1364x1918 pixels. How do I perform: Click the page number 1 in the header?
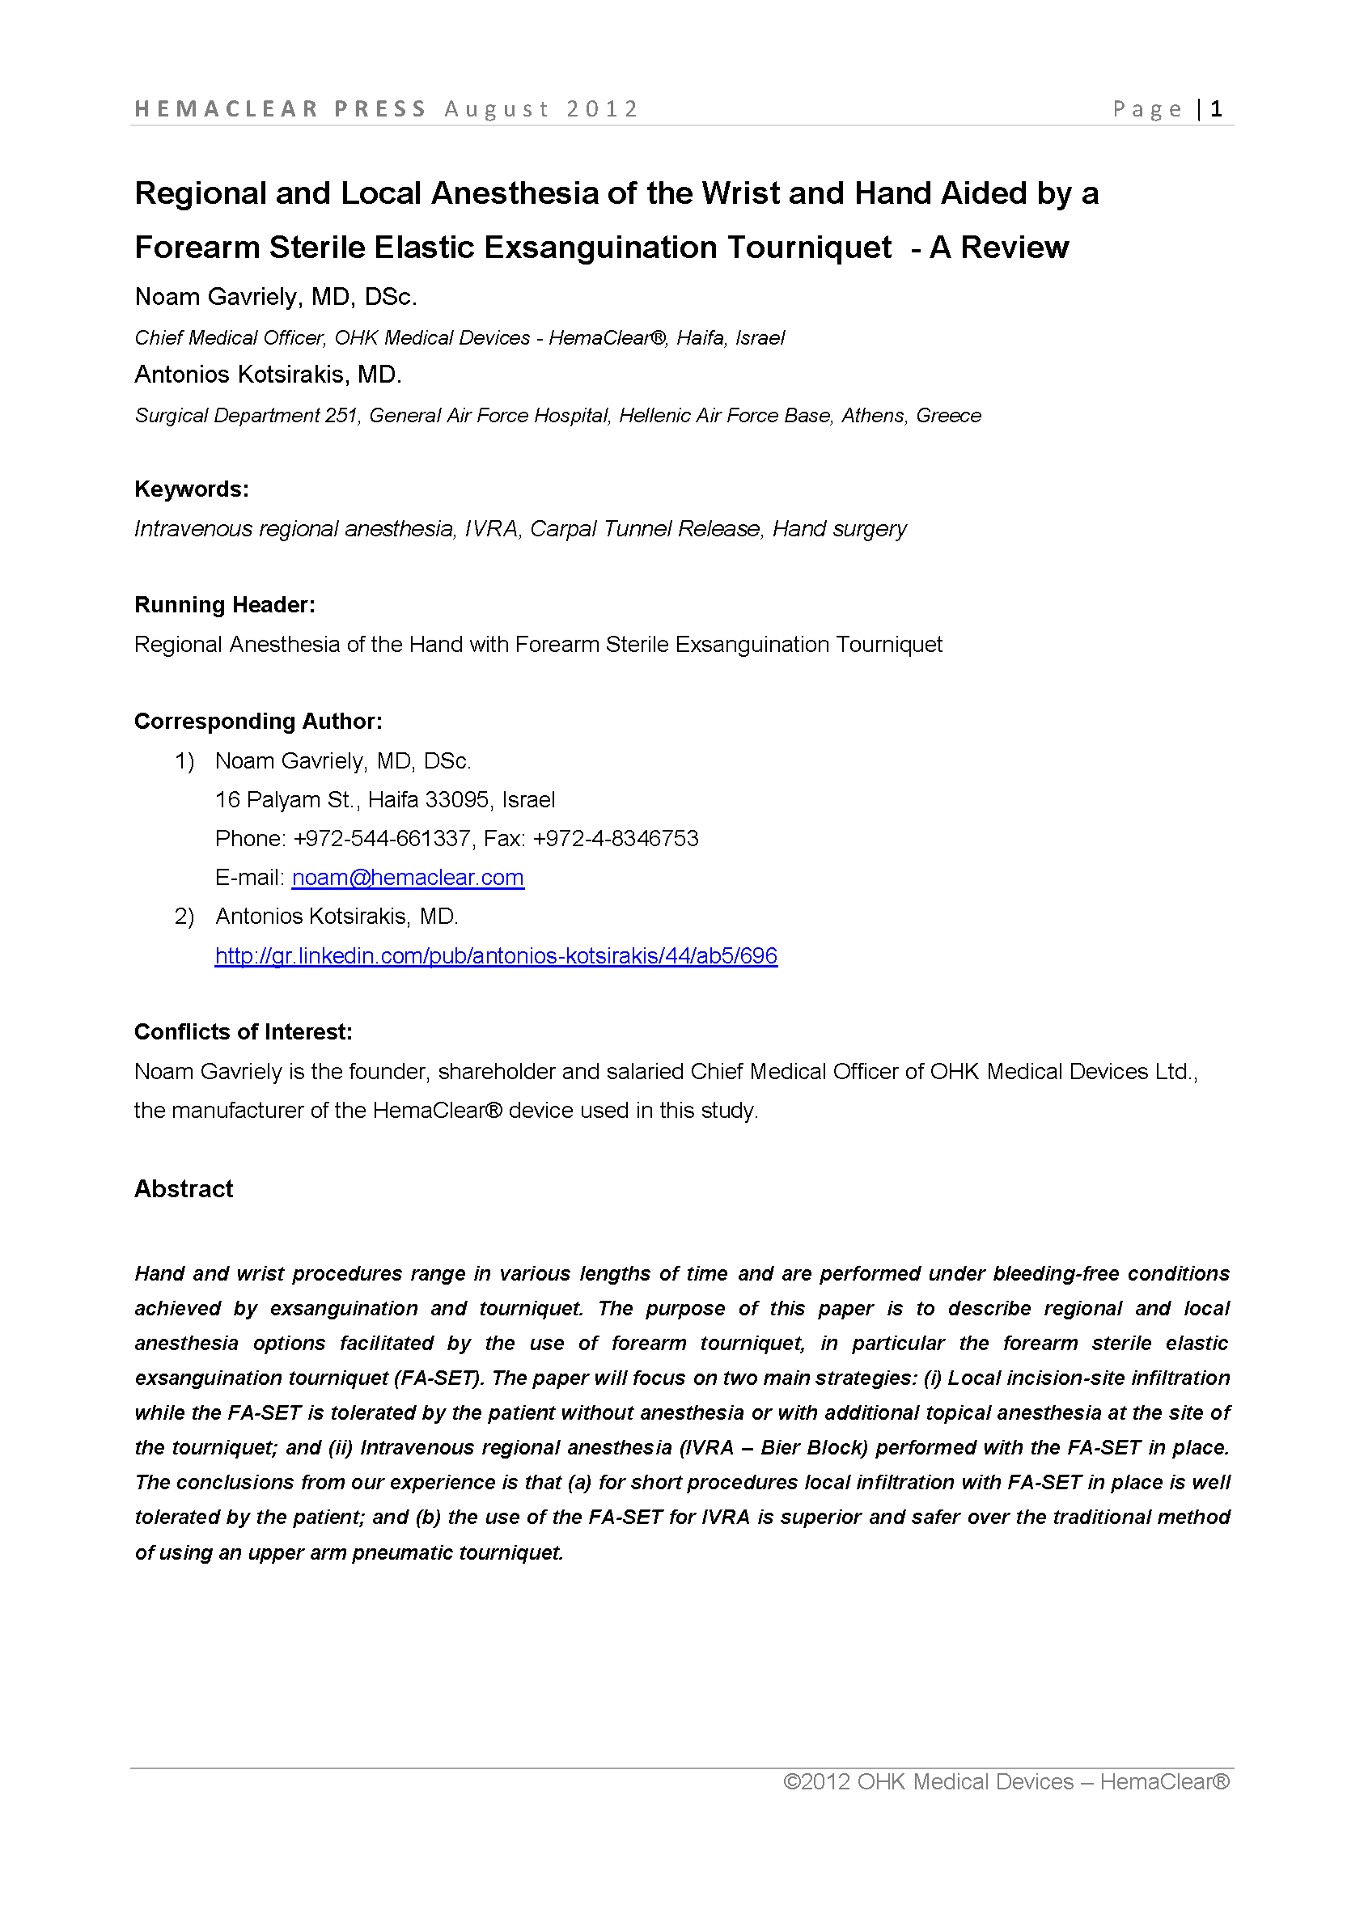[1216, 109]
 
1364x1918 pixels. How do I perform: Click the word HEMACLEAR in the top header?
[227, 109]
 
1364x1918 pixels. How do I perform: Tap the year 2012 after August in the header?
[602, 109]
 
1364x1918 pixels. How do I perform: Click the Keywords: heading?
[192, 489]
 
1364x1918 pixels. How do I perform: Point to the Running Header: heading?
[224, 605]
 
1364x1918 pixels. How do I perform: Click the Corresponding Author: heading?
[258, 722]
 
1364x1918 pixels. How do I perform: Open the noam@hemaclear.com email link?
[408, 878]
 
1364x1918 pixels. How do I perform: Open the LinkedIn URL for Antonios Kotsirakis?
[496, 955]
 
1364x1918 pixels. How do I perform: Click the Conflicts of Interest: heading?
[243, 1032]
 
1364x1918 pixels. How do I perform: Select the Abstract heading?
[184, 1189]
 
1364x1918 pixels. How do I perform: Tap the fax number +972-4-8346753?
[616, 839]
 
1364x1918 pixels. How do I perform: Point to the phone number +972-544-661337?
[381, 839]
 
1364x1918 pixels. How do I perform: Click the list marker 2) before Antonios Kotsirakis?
[184, 917]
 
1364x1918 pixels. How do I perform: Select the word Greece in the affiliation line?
[948, 416]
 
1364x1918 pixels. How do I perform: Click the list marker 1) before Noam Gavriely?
[184, 762]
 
